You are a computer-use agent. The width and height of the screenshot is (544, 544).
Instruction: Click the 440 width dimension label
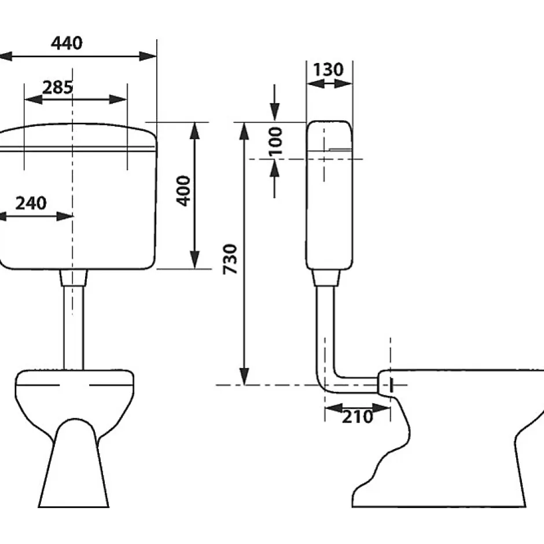(67, 43)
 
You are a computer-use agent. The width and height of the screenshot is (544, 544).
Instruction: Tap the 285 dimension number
(58, 87)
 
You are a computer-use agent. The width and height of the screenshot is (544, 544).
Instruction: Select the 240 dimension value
(31, 203)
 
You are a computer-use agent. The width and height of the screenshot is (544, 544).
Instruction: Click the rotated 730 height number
(230, 259)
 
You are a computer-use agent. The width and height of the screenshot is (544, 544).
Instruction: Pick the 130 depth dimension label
(328, 69)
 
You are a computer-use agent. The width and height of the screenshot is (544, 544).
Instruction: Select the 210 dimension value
(357, 417)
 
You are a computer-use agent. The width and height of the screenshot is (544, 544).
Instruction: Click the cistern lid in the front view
(78, 136)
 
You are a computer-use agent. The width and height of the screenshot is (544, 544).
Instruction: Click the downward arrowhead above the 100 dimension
(274, 112)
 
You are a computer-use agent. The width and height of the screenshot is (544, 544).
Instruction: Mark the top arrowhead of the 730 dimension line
(245, 130)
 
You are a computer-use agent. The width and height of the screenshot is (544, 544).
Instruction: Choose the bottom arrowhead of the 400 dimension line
(195, 260)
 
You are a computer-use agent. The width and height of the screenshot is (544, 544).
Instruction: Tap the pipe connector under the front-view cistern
(73, 278)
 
